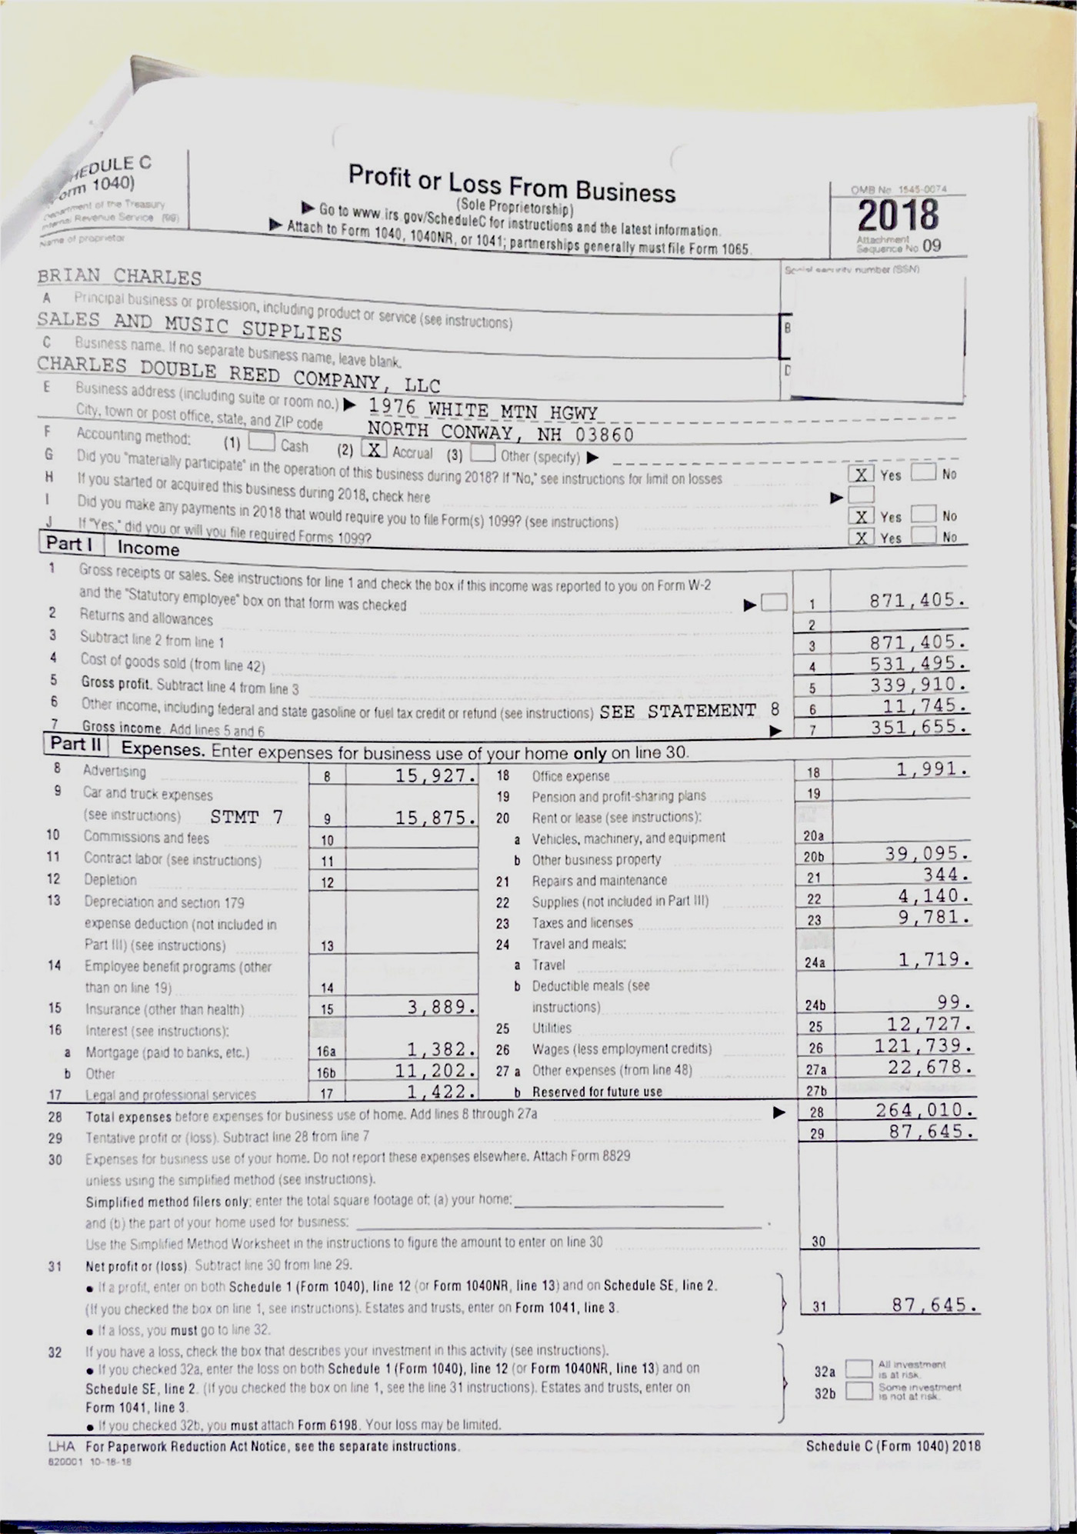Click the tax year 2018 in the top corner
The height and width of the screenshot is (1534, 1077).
click(898, 215)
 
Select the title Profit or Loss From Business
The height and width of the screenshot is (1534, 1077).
click(512, 183)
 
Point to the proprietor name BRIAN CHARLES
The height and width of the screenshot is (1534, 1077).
click(119, 276)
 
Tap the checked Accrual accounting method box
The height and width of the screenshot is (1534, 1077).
click(375, 449)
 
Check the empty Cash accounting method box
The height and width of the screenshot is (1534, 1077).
click(262, 442)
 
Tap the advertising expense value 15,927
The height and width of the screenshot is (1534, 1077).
click(435, 775)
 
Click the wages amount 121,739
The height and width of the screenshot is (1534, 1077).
click(922, 1045)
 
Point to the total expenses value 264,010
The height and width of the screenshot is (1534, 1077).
click(925, 1110)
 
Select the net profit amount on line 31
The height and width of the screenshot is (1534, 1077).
click(934, 1305)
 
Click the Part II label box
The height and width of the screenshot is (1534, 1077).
click(75, 745)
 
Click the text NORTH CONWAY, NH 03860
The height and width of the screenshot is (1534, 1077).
click(500, 433)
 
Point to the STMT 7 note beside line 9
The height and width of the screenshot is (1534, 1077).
click(246, 816)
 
